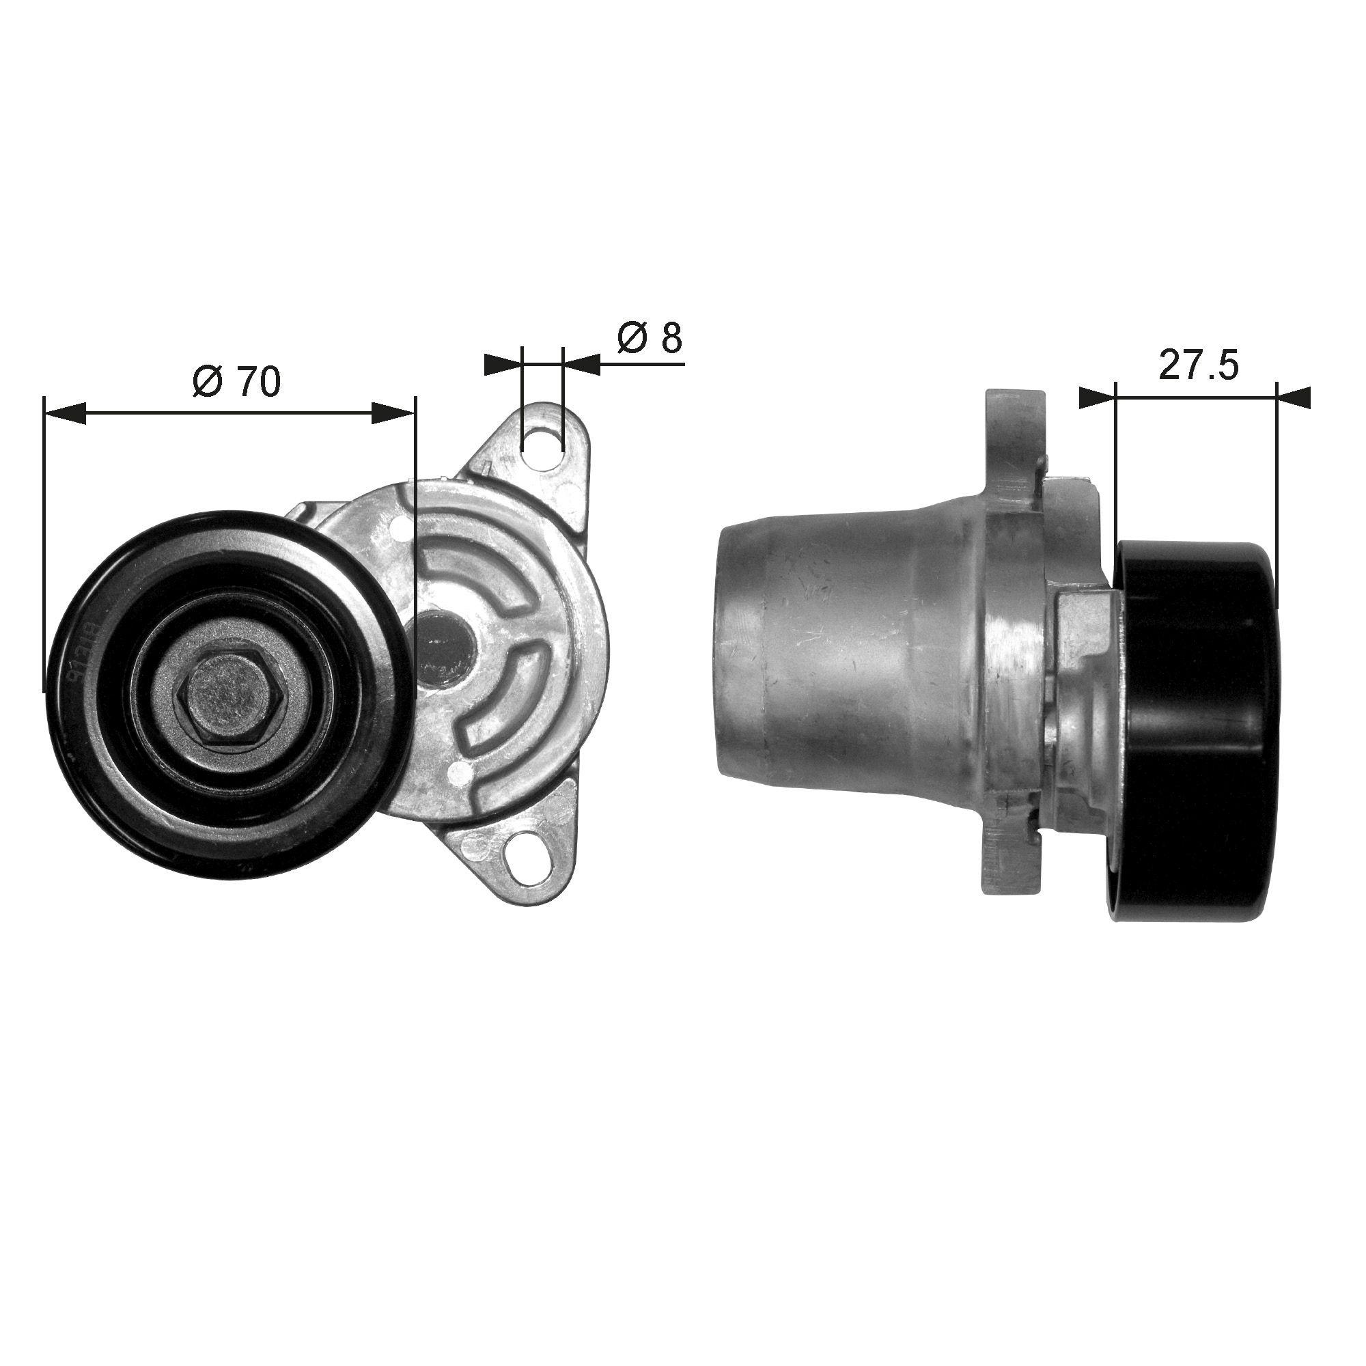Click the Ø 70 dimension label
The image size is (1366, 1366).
point(236,382)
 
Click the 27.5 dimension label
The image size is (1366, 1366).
point(1199,365)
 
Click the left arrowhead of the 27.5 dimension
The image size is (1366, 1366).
point(1097,397)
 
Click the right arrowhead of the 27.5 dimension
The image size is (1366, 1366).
point(1294,397)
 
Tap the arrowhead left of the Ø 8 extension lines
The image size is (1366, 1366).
point(503,365)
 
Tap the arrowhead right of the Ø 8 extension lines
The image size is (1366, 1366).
point(581,365)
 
